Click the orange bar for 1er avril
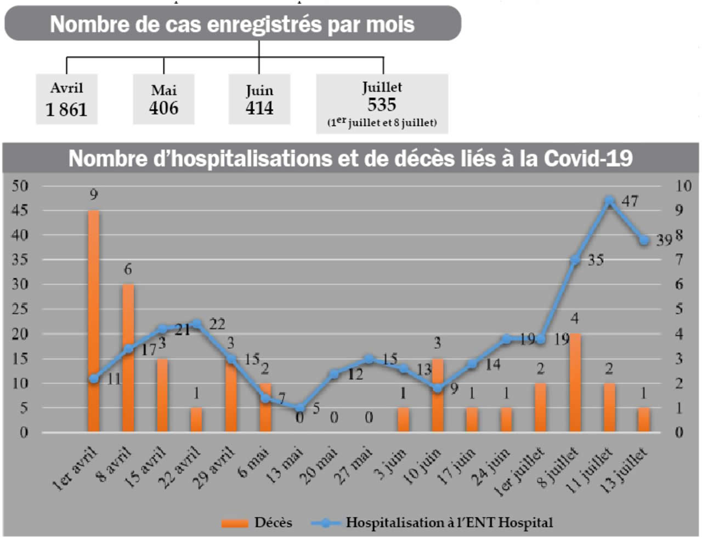click(94, 321)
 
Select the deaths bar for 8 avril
click(128, 358)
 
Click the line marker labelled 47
click(609, 200)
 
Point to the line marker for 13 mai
click(299, 408)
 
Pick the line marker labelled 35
click(575, 260)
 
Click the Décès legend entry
click(258, 523)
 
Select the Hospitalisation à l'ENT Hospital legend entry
click(433, 523)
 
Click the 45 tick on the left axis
click(20, 210)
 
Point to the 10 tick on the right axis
click(683, 186)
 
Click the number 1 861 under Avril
click(66, 110)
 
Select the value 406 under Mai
click(163, 108)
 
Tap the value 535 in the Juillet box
click(382, 104)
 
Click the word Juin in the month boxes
click(259, 91)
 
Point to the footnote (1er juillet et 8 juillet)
click(382, 122)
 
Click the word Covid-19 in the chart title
click(588, 158)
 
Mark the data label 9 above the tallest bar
click(94, 194)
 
